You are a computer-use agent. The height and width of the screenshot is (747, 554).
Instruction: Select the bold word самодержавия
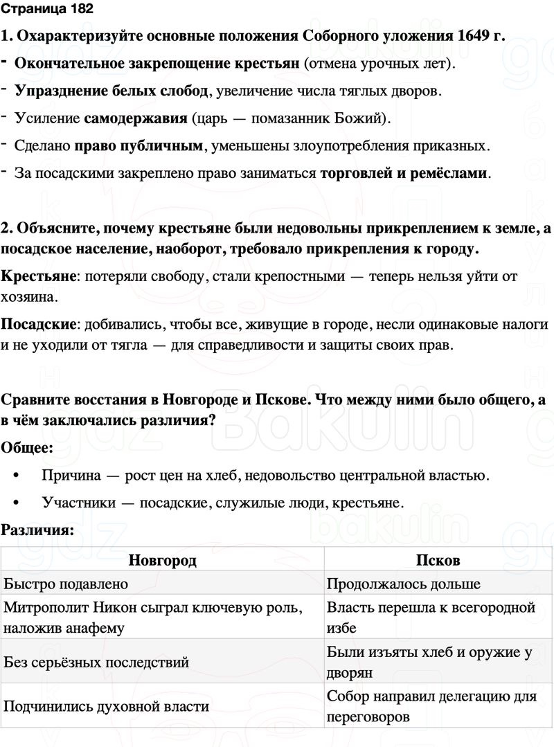click(136, 118)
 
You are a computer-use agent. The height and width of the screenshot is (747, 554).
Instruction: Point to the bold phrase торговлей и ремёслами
click(404, 173)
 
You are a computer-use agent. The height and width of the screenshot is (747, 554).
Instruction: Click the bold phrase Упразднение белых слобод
click(111, 91)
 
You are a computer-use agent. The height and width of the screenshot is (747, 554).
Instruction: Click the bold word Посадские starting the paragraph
click(40, 324)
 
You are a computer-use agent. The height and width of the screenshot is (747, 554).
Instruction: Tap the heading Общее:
click(27, 448)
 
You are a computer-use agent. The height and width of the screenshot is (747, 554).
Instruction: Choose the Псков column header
click(438, 560)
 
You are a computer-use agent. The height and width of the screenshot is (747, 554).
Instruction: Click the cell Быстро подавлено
click(66, 584)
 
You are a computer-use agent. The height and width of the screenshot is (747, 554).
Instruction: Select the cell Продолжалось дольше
click(403, 584)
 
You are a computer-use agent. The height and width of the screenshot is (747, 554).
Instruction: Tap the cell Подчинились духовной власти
click(107, 706)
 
